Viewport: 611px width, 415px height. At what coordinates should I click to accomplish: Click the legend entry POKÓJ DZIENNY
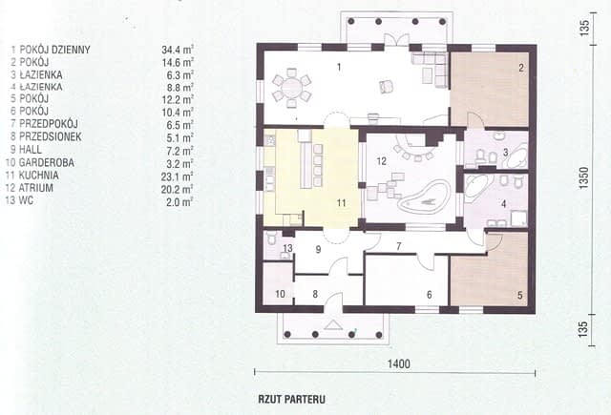click(55, 50)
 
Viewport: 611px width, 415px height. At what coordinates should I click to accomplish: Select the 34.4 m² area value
click(178, 50)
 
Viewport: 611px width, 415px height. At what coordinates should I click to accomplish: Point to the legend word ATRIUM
click(36, 188)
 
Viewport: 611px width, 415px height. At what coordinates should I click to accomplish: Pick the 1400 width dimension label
click(399, 364)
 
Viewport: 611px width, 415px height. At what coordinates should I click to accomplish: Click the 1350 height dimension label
click(583, 178)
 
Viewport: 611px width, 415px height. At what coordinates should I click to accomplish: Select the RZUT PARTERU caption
click(292, 400)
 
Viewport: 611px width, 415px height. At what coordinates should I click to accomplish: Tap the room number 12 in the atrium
click(381, 161)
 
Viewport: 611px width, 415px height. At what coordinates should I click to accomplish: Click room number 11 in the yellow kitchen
click(342, 203)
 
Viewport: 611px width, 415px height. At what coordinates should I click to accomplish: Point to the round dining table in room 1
click(291, 88)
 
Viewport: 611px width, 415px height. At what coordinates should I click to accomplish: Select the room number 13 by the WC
click(287, 248)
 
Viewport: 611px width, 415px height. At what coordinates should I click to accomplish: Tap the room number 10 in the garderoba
click(280, 294)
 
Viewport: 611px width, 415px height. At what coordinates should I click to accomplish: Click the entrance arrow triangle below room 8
click(333, 324)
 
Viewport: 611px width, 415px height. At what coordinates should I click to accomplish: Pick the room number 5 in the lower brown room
click(519, 296)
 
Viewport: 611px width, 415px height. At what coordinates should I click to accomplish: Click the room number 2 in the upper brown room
click(521, 68)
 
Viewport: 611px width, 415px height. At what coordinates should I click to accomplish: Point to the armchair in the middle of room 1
click(386, 87)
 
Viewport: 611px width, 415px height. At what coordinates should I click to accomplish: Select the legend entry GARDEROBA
click(47, 162)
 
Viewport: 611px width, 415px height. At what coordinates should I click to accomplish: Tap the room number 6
click(429, 295)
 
